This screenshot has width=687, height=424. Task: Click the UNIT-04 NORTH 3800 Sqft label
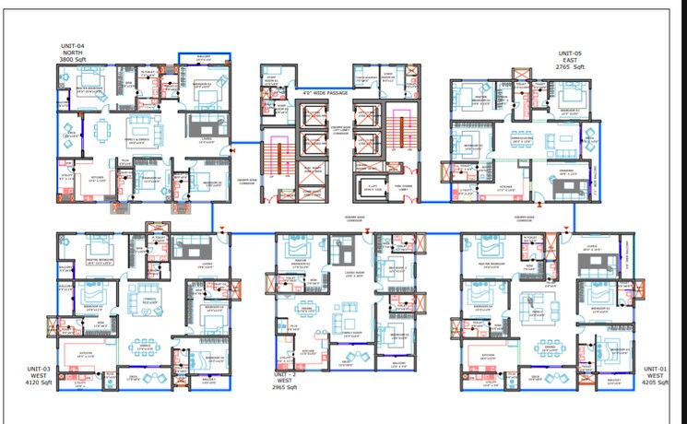tap(73, 53)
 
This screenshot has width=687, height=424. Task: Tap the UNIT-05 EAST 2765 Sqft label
tap(570, 61)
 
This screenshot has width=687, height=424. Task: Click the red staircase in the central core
tap(275, 157)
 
